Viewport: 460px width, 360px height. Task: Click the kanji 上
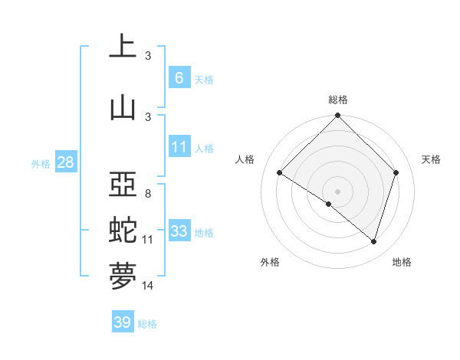(123, 47)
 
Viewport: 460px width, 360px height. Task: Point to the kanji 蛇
(123, 231)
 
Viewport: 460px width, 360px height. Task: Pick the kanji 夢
(123, 277)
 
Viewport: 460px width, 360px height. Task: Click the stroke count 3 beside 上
(148, 56)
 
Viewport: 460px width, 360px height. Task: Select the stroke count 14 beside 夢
(148, 286)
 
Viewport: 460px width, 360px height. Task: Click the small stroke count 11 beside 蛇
(148, 240)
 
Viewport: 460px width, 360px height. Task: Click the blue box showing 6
(179, 77)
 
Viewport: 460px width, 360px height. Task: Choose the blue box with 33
(179, 231)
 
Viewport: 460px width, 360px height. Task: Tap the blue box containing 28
(65, 162)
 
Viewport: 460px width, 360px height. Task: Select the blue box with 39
(122, 322)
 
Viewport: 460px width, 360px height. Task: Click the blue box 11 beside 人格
(179, 146)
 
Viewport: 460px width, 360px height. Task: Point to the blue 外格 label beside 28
(41, 163)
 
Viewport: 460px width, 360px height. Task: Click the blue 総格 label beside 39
(147, 324)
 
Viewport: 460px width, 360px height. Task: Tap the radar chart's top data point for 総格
(337, 116)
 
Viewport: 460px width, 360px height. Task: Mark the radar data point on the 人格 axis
(280, 173)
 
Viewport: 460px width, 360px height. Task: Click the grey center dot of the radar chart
(337, 191)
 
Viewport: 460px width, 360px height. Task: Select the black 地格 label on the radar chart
(402, 262)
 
